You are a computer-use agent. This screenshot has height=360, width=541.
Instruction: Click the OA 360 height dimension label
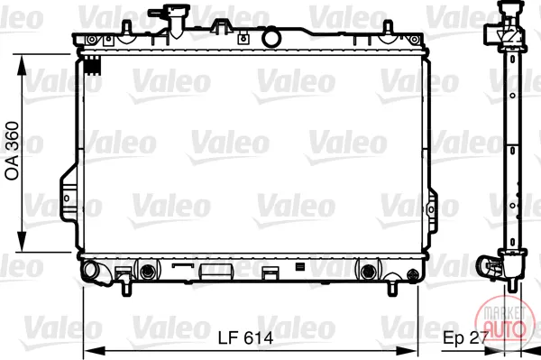[13, 151]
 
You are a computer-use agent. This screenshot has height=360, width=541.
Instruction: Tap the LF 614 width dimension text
[245, 338]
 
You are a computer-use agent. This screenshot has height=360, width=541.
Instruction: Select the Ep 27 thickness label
[465, 338]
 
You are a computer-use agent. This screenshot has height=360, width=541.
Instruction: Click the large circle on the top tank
[271, 39]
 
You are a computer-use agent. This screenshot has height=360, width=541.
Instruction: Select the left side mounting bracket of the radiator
[69, 197]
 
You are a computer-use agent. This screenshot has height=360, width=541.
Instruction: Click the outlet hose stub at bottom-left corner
[94, 272]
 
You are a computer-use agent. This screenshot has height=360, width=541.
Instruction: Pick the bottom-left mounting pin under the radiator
[126, 288]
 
